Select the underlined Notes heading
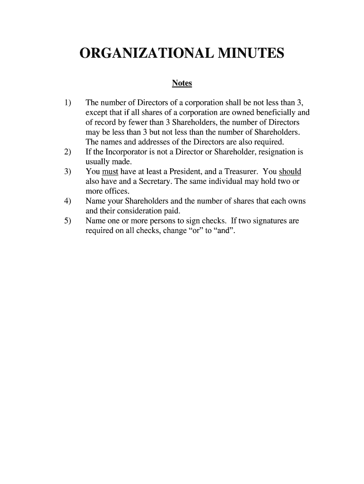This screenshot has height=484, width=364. coord(182,83)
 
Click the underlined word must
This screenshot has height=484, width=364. coord(110,172)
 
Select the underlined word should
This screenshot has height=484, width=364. coord(290,172)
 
